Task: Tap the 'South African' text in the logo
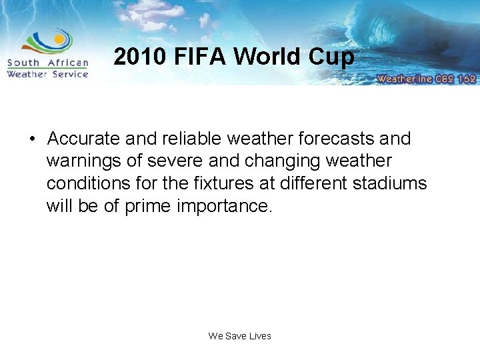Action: click(x=47, y=63)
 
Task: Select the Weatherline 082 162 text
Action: click(x=426, y=79)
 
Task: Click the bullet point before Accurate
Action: click(x=31, y=139)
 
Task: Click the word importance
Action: click(x=225, y=206)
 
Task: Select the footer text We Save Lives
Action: click(x=240, y=336)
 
